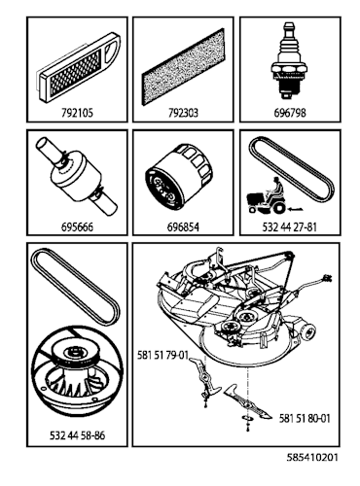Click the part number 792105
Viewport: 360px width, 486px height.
pos(75,113)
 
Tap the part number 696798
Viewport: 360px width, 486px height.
pos(288,113)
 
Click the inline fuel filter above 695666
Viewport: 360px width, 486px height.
pos(73,179)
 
